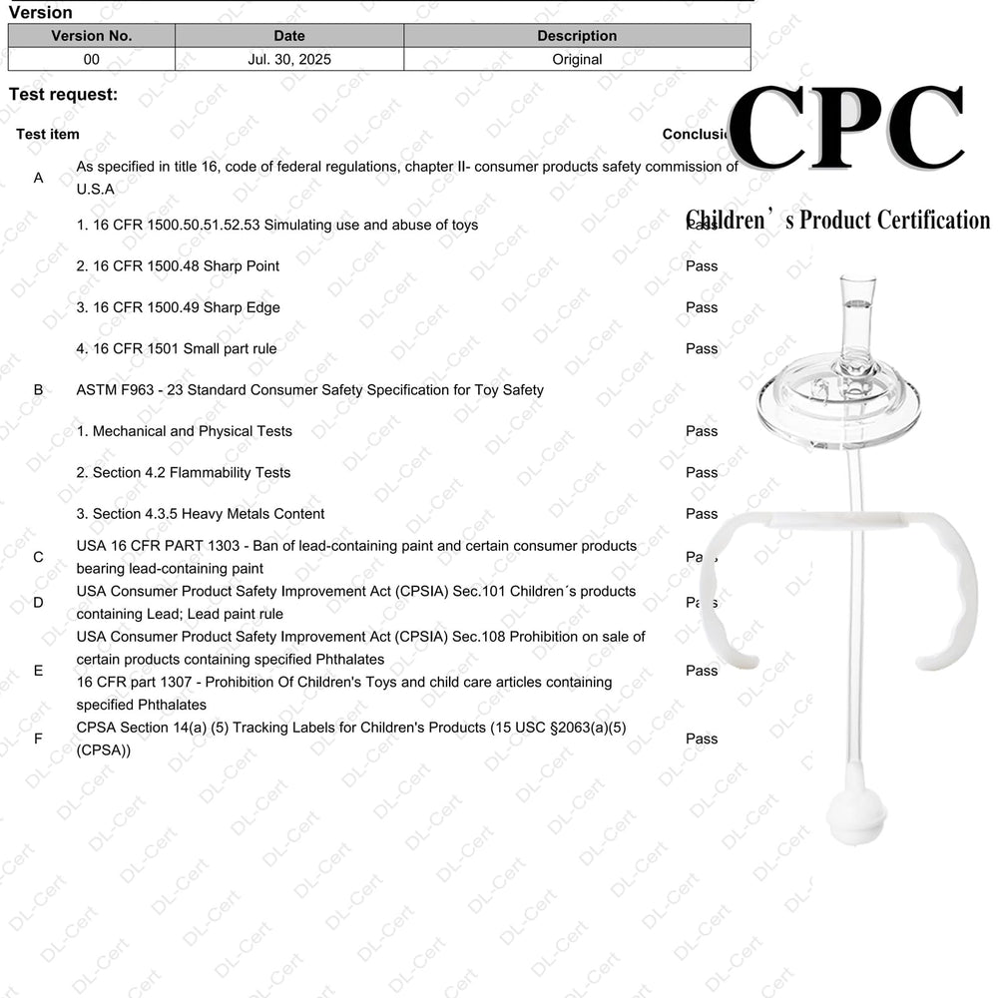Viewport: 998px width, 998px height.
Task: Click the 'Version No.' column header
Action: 92,36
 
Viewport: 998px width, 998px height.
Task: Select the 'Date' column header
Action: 289,36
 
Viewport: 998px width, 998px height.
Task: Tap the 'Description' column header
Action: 577,36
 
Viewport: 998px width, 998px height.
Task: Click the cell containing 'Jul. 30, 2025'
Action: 289,59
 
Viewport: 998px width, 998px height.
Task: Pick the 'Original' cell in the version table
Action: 577,59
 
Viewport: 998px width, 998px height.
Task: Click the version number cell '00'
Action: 92,59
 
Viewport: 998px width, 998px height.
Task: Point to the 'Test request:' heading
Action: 63,95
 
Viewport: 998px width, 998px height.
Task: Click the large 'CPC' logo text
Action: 846,128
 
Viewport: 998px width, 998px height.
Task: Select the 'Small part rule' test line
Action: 177,349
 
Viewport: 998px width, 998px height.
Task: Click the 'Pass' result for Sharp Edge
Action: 702,307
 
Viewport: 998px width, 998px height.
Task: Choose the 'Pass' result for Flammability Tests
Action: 702,472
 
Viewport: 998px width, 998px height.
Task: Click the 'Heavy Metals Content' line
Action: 201,514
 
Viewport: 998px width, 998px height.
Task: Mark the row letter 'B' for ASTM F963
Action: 39,390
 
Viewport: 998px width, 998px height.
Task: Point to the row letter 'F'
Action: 39,740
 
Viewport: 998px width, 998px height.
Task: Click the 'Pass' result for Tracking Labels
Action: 702,740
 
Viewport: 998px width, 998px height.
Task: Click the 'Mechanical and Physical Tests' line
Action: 185,431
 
